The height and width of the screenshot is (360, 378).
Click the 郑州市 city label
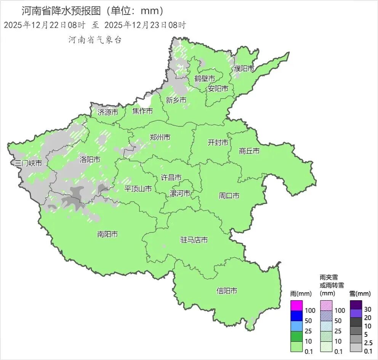pyautogui.click(x=160, y=137)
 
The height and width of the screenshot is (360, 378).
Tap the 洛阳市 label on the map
pyautogui.click(x=90, y=159)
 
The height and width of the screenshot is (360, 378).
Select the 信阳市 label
pyautogui.click(x=227, y=291)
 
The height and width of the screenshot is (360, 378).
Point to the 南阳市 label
pyautogui.click(x=107, y=234)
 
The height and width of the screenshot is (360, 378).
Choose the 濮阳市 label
pyautogui.click(x=244, y=68)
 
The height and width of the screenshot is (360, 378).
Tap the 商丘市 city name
pyautogui.click(x=249, y=151)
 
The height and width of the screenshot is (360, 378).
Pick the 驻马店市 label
pyautogui.click(x=194, y=240)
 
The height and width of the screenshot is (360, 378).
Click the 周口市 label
pyautogui.click(x=229, y=196)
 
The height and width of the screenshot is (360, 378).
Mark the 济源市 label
pyautogui.click(x=108, y=112)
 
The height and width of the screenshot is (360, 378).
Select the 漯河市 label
pyautogui.click(x=179, y=193)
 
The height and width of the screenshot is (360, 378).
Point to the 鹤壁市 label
pyautogui.click(x=205, y=78)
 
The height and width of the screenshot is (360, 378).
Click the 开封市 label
pyautogui.click(x=218, y=142)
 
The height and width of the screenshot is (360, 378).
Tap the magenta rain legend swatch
pyautogui.click(x=296, y=306)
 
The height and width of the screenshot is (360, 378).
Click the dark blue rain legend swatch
pyautogui.click(x=296, y=315)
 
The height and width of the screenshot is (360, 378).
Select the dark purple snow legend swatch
pyautogui.click(x=356, y=305)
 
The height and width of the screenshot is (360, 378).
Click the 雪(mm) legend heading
pyautogui.click(x=360, y=294)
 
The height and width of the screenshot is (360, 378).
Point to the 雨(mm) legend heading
pyautogui.click(x=301, y=294)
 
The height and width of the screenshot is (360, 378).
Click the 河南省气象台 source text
pyautogui.click(x=95, y=40)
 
